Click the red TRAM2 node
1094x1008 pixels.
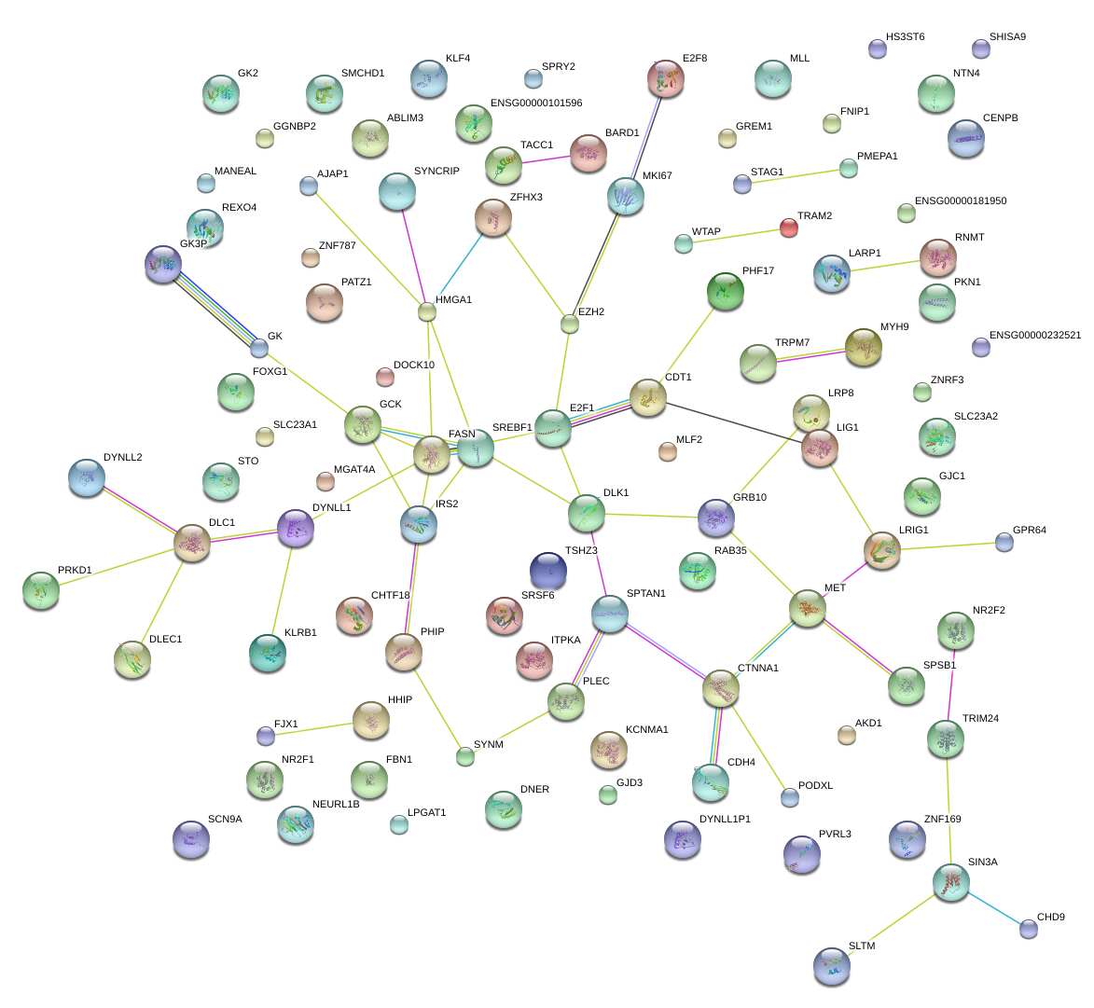789,228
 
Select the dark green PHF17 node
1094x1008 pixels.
726,291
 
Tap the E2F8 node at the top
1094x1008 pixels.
666,79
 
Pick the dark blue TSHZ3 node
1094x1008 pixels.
547,571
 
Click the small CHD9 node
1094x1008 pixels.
1028,929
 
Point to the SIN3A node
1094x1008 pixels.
951,881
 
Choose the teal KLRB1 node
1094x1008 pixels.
268,652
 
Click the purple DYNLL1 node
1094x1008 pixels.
296,528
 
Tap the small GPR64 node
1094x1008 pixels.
1004,542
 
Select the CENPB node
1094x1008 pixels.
965,139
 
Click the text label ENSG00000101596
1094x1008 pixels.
535,104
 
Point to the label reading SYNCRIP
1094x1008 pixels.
436,172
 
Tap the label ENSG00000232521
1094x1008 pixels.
1034,336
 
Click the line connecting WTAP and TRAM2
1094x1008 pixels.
737,236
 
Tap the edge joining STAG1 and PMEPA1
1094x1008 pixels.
795,176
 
